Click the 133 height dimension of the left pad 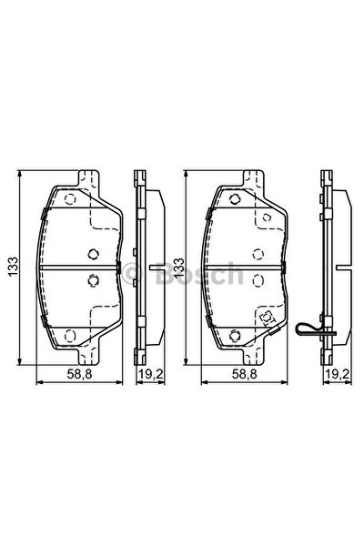pyautogui.click(x=14, y=267)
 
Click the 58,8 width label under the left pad pyautogui.click(x=79, y=374)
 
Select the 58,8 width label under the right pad pyautogui.click(x=245, y=374)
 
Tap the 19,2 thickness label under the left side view pyautogui.click(x=151, y=374)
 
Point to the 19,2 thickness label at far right pyautogui.click(x=338, y=374)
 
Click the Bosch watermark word pyautogui.click(x=199, y=274)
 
